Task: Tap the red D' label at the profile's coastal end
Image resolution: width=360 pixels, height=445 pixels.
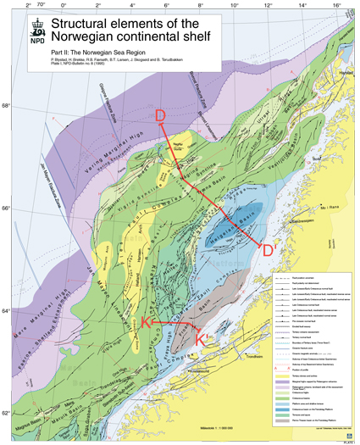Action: pos(269,250)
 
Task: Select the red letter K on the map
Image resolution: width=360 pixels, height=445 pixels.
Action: pos(146,325)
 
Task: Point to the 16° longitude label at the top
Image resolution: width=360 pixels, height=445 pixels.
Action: pos(336,5)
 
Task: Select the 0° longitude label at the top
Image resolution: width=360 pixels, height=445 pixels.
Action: pos(66,5)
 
